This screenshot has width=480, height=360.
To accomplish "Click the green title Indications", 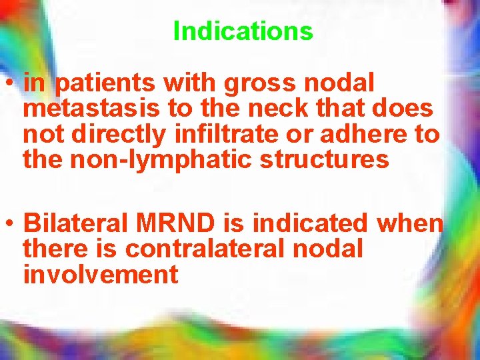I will point(243,31).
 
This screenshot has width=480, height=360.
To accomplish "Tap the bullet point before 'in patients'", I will point(11,85).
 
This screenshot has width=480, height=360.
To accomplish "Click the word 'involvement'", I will point(101,275).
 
